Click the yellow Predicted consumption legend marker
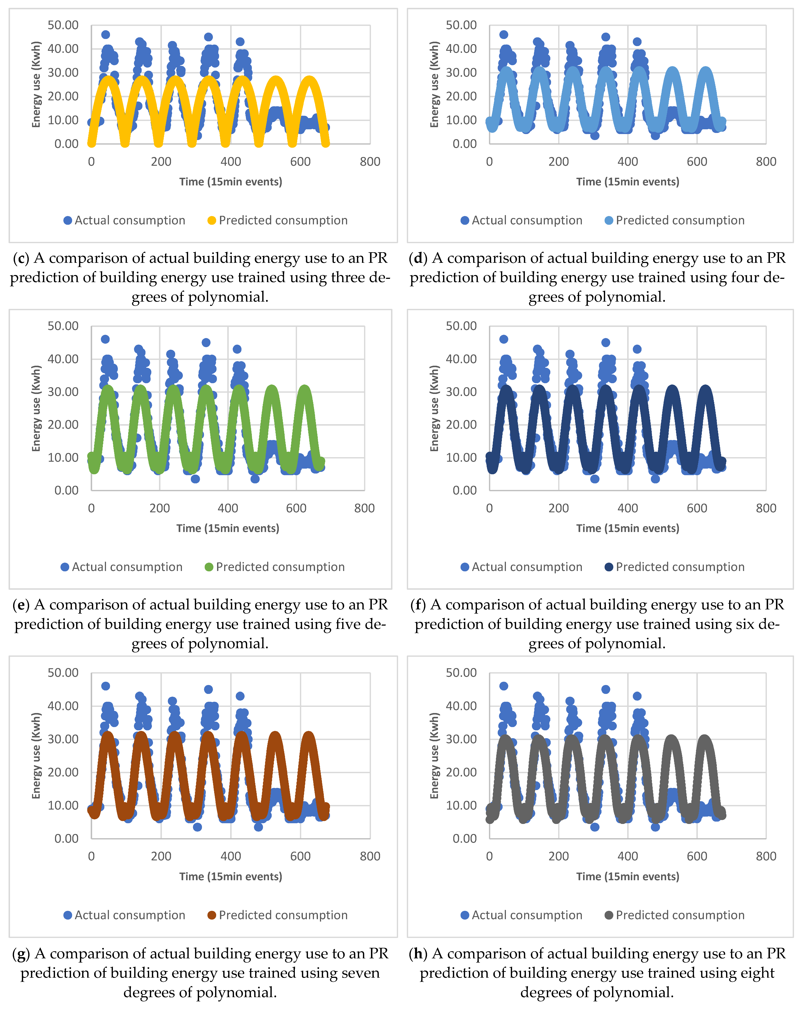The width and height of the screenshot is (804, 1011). [211, 220]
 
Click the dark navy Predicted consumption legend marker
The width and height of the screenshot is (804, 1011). [608, 567]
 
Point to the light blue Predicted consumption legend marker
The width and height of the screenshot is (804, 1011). [608, 220]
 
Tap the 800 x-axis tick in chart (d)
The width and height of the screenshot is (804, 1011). [766, 162]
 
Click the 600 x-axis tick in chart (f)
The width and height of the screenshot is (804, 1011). [697, 508]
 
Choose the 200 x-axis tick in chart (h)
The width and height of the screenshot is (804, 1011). [558, 856]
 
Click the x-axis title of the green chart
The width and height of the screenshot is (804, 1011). [228, 529]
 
